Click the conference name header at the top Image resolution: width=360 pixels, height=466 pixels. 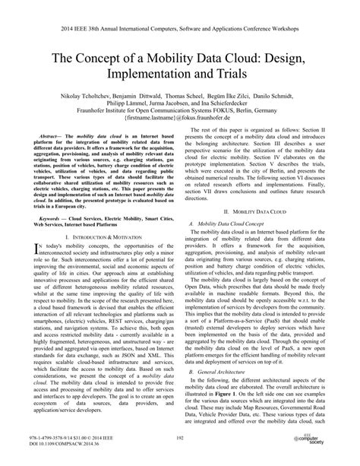180,11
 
